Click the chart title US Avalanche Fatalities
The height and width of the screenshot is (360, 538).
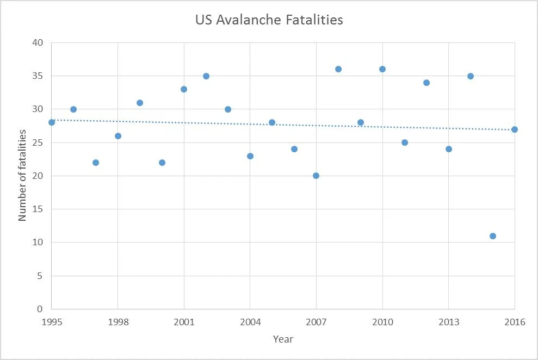[x=269, y=20]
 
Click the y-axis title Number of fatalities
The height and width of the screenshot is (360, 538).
[x=22, y=175]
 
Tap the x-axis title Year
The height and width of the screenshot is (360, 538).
[x=283, y=339]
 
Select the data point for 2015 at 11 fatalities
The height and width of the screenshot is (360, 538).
[x=492, y=236]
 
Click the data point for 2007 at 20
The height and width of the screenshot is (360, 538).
[x=316, y=176]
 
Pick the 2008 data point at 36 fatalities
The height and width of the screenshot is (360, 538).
[x=338, y=69]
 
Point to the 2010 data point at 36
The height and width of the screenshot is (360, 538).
[x=382, y=69]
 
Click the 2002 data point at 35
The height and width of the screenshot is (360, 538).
[x=206, y=76]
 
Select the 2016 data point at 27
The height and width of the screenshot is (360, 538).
[x=515, y=129]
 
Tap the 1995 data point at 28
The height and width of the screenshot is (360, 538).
[x=52, y=122]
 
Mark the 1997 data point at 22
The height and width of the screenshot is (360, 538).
[x=96, y=163]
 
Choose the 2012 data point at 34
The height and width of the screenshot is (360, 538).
[x=426, y=83]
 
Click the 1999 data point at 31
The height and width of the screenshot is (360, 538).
[x=140, y=103]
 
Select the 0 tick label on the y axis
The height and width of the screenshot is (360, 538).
[x=41, y=309]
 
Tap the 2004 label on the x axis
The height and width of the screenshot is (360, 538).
[x=250, y=322]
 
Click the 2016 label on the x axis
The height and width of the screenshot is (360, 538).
[x=515, y=322]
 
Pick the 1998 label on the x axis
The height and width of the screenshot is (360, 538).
[x=118, y=322]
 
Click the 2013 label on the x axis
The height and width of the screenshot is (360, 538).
[x=448, y=322]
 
